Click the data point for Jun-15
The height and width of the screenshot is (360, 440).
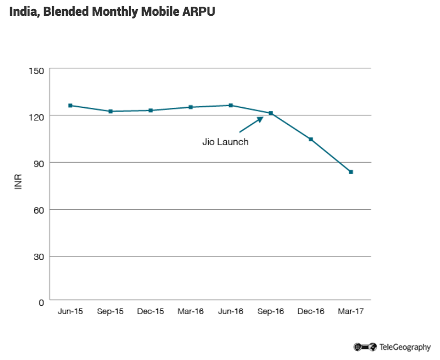[x=70, y=106]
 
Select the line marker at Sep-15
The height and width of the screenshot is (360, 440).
[x=110, y=111]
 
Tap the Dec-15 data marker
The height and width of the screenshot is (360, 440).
[x=150, y=110]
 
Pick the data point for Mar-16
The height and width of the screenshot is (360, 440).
[x=191, y=107]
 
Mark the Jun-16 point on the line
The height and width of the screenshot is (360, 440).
[x=231, y=105]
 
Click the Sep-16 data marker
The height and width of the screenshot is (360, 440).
[x=271, y=113]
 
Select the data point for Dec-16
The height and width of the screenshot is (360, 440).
[x=311, y=139]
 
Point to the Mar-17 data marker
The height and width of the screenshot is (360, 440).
[x=351, y=172]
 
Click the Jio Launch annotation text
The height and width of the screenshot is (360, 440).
[x=225, y=142]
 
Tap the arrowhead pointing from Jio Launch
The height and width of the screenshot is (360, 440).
[x=260, y=119]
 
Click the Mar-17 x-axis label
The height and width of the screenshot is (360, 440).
[x=351, y=311]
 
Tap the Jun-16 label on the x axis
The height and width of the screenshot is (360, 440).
[x=231, y=311]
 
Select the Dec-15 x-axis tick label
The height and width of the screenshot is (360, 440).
[x=150, y=311]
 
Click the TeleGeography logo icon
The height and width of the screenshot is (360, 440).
[x=365, y=347]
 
